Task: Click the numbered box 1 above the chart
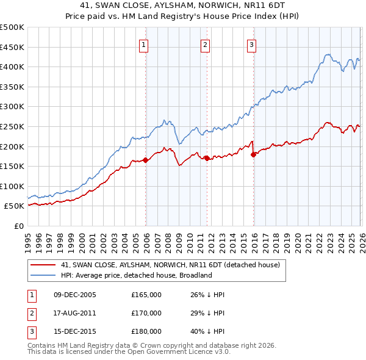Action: point(144,44)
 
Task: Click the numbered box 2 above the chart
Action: point(206,44)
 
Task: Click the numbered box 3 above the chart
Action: point(251,44)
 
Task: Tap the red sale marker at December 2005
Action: point(146,160)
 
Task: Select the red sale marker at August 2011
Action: point(207,158)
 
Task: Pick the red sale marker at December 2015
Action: point(253,154)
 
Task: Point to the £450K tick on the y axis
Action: point(12,47)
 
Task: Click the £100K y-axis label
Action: point(12,186)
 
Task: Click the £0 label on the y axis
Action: point(18,226)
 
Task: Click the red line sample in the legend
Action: point(44,265)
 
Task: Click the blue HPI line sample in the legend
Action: point(44,275)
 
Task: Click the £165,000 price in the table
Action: point(146,295)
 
